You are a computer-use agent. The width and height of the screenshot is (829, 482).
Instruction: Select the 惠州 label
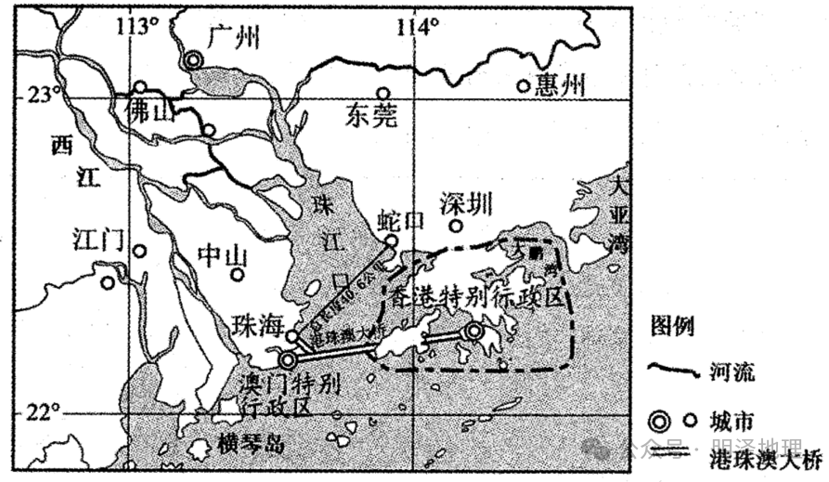pos(562,86)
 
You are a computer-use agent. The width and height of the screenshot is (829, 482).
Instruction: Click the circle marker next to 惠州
pos(524,86)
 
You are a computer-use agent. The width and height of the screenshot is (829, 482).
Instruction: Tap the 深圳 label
pos(466,203)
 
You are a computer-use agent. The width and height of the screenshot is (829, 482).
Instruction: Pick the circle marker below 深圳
pos(456,226)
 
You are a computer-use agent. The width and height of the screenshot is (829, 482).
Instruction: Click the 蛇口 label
pos(400,220)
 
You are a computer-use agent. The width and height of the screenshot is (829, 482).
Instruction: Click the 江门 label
pos(97,241)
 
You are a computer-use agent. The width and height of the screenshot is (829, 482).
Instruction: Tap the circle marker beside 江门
pos(139,251)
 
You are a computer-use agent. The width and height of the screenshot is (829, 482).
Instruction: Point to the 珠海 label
pos(257,325)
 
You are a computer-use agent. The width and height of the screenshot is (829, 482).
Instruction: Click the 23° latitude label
pos(42,95)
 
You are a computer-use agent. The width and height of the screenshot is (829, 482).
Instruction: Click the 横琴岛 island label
pos(248,443)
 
